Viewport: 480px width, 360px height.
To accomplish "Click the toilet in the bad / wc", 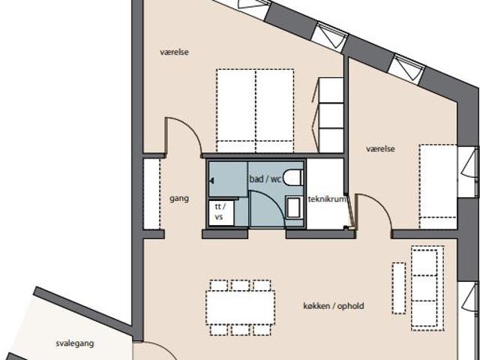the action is click(293, 178).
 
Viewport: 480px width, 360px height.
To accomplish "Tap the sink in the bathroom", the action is click(293, 208).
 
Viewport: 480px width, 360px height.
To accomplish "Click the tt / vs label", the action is click(220, 211).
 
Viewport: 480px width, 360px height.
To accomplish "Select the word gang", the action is click(179, 199).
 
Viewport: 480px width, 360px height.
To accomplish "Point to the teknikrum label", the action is click(327, 199).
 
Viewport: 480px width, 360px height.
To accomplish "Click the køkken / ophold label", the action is click(334, 306).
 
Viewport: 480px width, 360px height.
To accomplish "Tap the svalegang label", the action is click(75, 343).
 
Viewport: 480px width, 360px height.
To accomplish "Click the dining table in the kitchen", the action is click(240, 307).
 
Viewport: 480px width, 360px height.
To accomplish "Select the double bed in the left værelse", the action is click(255, 111).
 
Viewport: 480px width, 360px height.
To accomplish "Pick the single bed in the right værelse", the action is click(438, 187).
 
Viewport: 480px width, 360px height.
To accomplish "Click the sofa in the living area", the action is click(427, 288).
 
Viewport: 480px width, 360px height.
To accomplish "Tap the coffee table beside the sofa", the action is click(399, 288).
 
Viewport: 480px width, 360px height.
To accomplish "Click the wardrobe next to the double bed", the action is click(330, 115).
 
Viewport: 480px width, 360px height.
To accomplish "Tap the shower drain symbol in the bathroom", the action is click(211, 181).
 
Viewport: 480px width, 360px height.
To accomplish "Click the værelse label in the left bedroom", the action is click(174, 52).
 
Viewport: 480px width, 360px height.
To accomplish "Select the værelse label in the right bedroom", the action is click(380, 148).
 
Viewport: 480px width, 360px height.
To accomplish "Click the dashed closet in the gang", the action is click(152, 193).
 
